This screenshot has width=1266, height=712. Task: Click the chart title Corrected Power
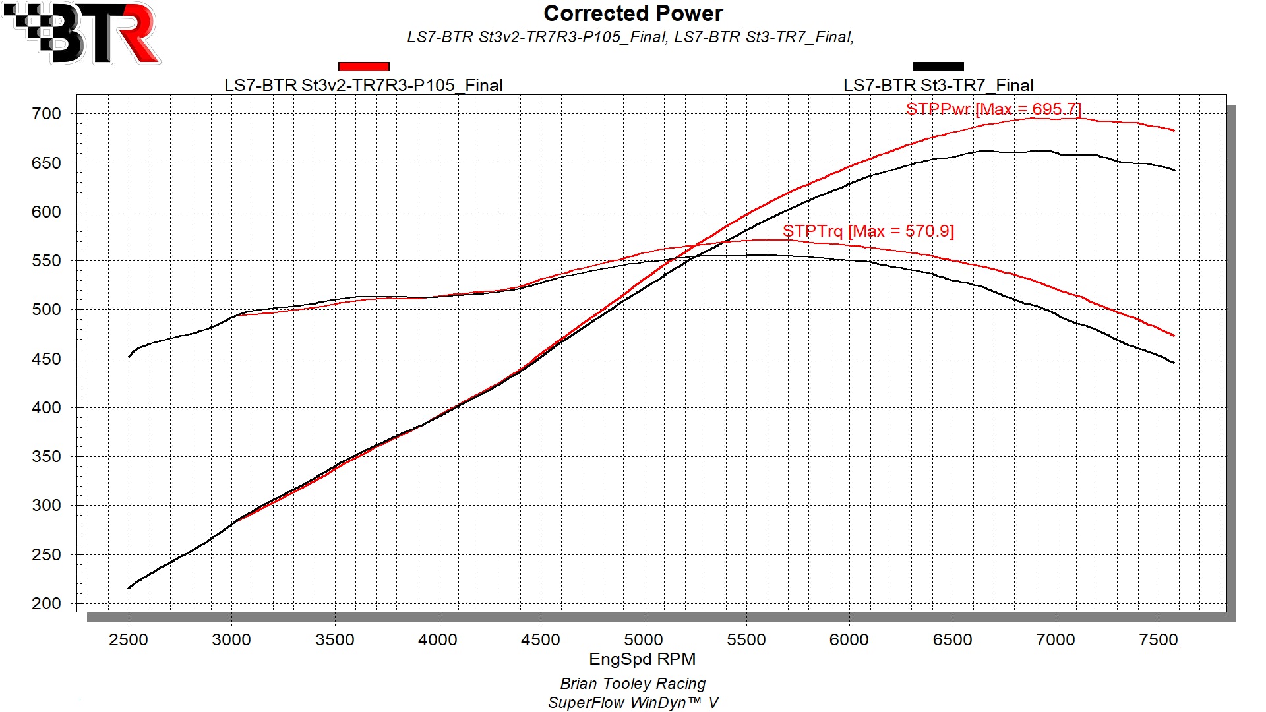(633, 14)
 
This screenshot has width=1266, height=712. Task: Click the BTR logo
(82, 33)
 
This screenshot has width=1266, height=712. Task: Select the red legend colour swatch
(363, 67)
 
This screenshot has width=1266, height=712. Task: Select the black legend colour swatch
(938, 67)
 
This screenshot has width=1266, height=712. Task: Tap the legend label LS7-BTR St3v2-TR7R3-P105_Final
(363, 86)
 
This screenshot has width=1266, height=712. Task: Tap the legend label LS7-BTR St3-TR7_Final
(938, 86)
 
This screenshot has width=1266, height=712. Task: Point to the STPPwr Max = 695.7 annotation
(993, 109)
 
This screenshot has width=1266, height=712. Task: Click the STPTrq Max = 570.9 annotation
(868, 231)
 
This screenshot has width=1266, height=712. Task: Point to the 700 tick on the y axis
(46, 114)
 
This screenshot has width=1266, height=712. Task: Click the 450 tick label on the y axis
(46, 359)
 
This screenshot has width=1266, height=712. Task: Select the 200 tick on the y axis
(46, 604)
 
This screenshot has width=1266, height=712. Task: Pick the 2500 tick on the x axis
(129, 639)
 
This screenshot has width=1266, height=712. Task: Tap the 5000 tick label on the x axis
(644, 639)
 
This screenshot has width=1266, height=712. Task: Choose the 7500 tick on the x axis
(1159, 639)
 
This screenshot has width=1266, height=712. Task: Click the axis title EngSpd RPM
(642, 659)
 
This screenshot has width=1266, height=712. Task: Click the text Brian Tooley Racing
(633, 684)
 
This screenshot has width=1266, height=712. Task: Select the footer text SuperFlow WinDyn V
(633, 703)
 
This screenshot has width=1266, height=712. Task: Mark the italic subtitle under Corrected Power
(630, 37)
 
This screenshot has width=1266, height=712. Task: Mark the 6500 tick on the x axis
(952, 639)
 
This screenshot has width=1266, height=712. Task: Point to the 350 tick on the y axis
(46, 457)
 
